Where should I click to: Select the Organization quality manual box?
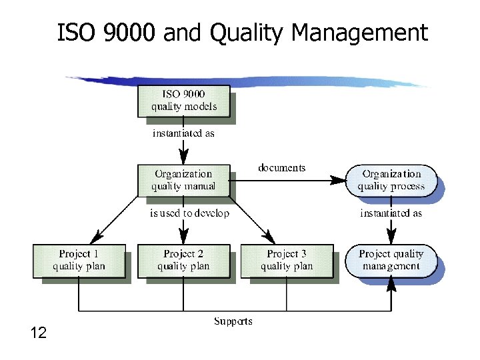tap(183, 180)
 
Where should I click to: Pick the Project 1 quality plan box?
tap(79, 260)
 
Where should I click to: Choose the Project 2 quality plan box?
tap(183, 260)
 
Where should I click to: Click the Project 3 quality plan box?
tap(287, 260)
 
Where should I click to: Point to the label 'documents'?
tap(281, 167)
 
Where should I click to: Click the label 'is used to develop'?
tap(189, 213)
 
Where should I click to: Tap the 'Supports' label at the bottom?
tap(233, 321)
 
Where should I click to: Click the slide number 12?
tap(39, 333)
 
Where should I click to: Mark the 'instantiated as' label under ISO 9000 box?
tap(183, 133)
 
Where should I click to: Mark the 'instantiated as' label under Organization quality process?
tap(391, 213)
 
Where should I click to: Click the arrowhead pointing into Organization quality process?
tap(340, 179)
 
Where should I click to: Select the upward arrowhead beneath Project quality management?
tap(391, 285)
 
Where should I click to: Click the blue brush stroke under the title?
tap(247, 81)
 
